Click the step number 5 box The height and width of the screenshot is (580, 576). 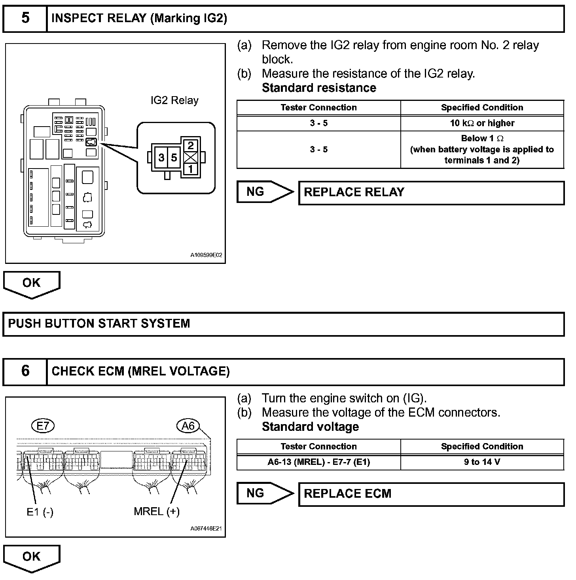[25, 18]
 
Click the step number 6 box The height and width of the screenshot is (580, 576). [25, 371]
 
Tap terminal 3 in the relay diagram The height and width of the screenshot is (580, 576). [161, 157]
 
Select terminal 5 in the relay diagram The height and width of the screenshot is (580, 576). [174, 157]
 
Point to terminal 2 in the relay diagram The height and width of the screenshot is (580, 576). [191, 145]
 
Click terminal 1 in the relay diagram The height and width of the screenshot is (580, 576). [191, 169]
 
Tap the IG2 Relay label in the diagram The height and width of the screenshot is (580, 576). [174, 100]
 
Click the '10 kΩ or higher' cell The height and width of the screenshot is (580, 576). [482, 123]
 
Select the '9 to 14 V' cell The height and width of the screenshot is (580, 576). [482, 462]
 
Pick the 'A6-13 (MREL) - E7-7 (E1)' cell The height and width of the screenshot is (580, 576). [318, 462]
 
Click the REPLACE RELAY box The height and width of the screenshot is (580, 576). [431, 193]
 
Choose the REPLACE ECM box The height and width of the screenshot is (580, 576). [431, 494]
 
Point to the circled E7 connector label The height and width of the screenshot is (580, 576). [42, 426]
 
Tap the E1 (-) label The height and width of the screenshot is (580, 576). [40, 512]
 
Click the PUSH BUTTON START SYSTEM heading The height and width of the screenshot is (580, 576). [99, 324]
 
